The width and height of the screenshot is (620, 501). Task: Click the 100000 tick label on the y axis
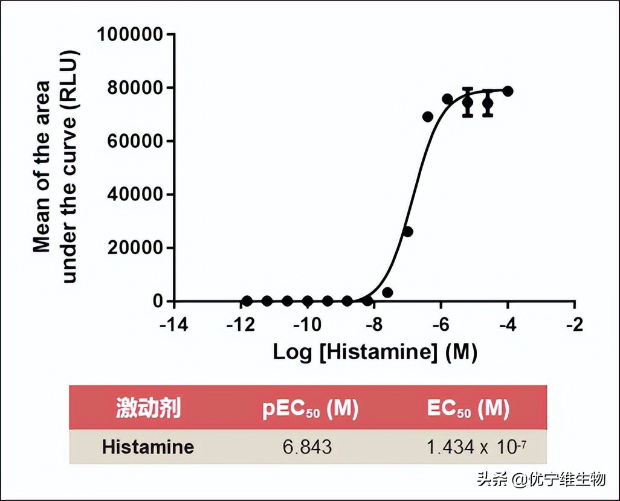[x=130, y=34]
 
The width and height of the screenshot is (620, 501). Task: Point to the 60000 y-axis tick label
[x=135, y=141]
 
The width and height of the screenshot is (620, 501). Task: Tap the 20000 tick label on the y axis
[x=135, y=248]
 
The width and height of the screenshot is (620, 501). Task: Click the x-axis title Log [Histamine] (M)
[x=375, y=352]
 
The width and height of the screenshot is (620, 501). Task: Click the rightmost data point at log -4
[x=508, y=91]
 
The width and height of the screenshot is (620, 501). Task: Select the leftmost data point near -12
[x=247, y=301]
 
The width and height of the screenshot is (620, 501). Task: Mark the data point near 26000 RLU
[x=408, y=231]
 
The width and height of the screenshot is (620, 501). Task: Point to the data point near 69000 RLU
[x=428, y=116]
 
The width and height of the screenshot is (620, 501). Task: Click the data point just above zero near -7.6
[x=387, y=292]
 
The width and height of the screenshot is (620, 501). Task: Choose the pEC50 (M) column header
[x=310, y=409]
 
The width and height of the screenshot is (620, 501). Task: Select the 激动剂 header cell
[x=149, y=409]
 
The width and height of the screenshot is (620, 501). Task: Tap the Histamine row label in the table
[x=148, y=447]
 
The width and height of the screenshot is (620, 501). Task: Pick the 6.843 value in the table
[x=308, y=447]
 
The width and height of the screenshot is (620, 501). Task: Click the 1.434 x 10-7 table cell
[x=478, y=447]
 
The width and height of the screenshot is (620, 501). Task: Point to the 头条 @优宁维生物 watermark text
[x=541, y=480]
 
